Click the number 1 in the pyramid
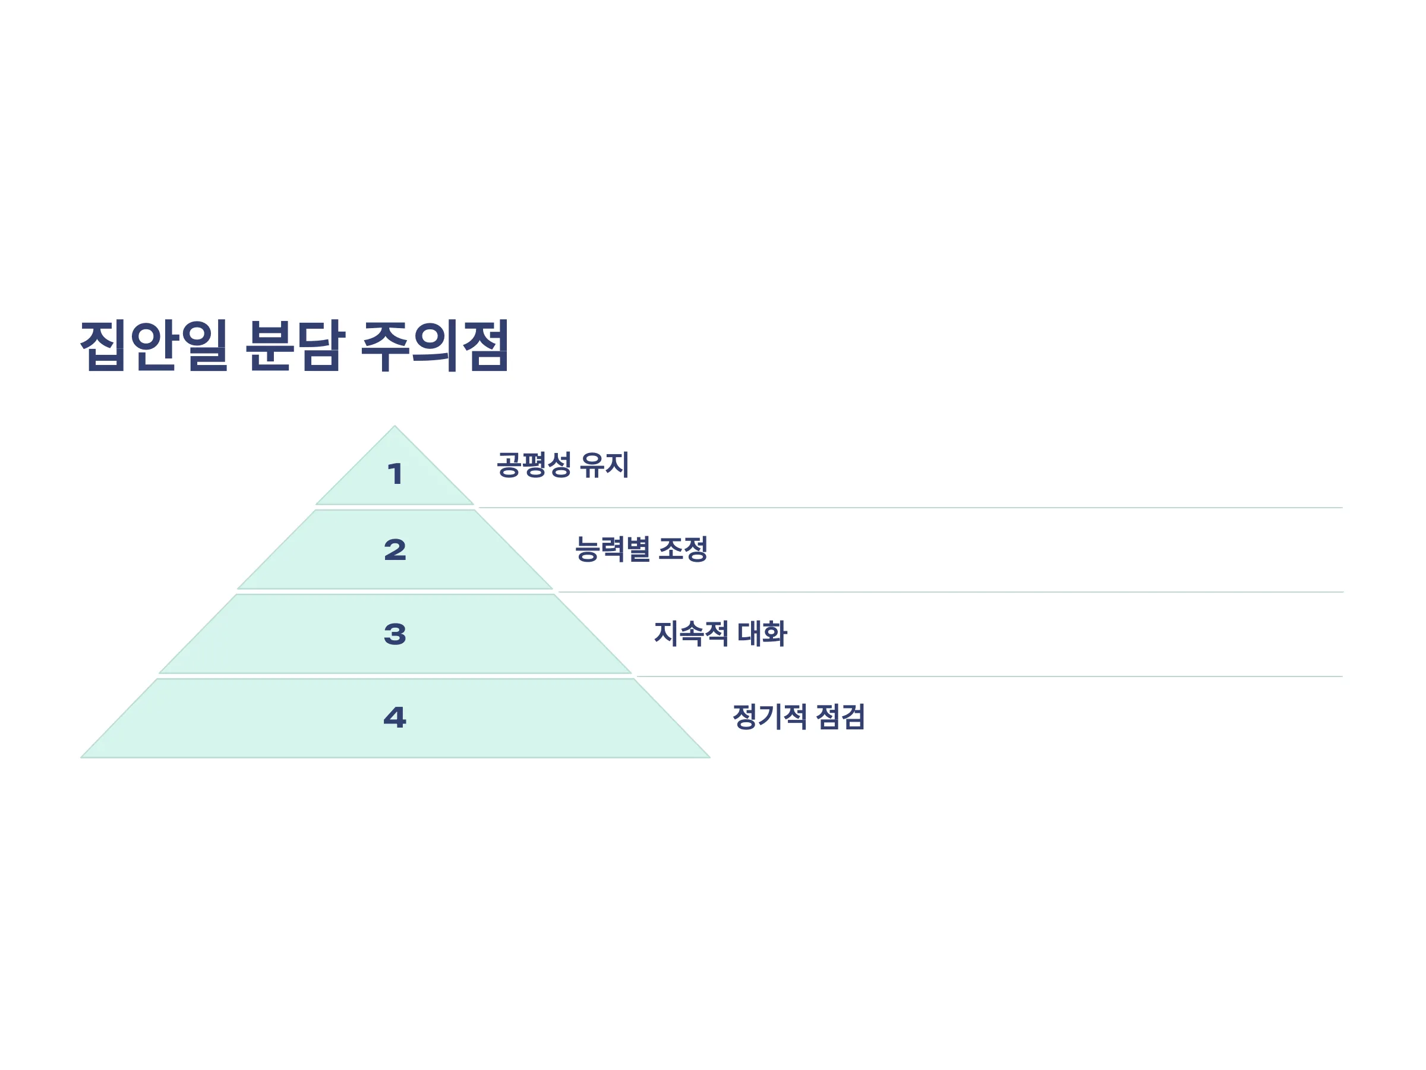pyautogui.click(x=395, y=474)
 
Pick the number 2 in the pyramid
pyautogui.click(x=395, y=550)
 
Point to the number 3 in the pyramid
pyautogui.click(x=395, y=634)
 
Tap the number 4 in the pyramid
pyautogui.click(x=395, y=717)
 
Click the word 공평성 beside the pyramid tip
pyautogui.click(x=534, y=464)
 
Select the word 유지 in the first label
pyautogui.click(x=605, y=464)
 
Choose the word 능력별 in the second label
pyautogui.click(x=613, y=549)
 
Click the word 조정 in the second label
pyautogui.click(x=683, y=549)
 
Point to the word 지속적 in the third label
pyautogui.click(x=691, y=633)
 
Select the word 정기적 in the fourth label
pyautogui.click(x=769, y=716)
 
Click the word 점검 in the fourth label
pyautogui.click(x=841, y=716)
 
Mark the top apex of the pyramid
pyautogui.click(x=395, y=426)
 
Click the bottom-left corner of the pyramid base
pyautogui.click(x=81, y=757)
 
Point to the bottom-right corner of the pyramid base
pyautogui.click(x=710, y=757)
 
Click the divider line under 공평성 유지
pyautogui.click(x=911, y=508)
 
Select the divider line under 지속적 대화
pyautogui.click(x=989, y=676)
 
